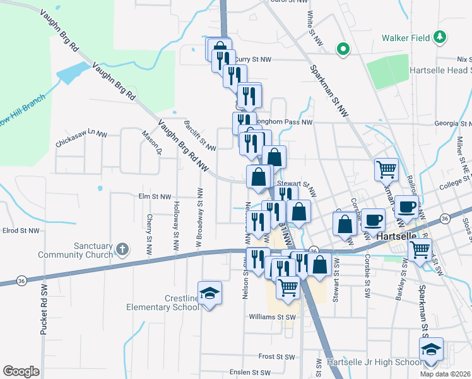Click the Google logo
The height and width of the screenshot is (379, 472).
point(21,371)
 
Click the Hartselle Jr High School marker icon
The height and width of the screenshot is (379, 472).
point(431,349)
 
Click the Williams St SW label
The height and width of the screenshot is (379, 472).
point(273,316)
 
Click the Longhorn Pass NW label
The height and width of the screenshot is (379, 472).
point(286,123)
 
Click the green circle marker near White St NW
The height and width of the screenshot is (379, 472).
point(343,48)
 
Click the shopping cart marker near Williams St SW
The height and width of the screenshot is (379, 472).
point(288,287)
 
